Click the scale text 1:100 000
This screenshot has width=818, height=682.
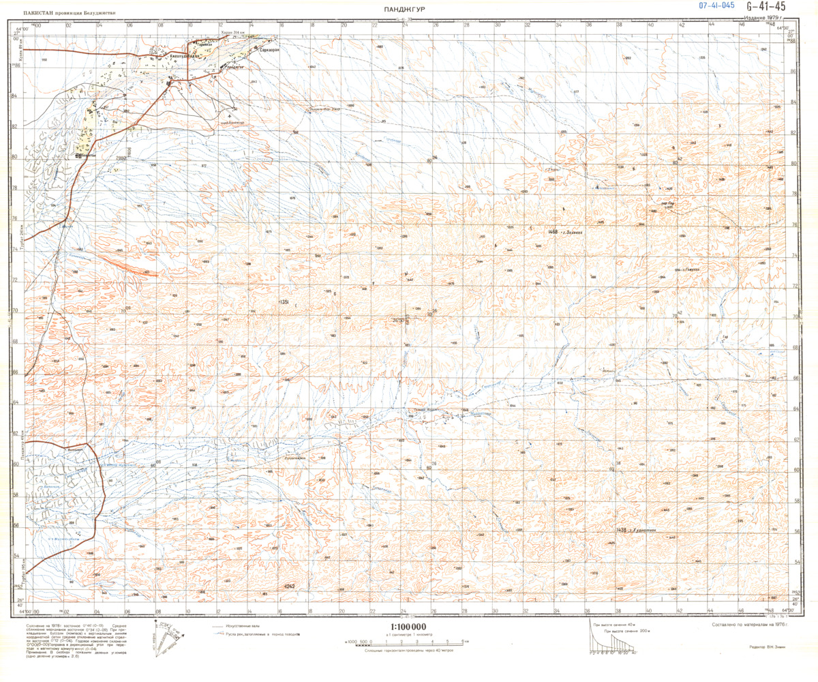[408, 627]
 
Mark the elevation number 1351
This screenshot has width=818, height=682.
[284, 301]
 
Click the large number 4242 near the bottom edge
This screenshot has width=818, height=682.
[290, 587]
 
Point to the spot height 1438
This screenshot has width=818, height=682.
[620, 529]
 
